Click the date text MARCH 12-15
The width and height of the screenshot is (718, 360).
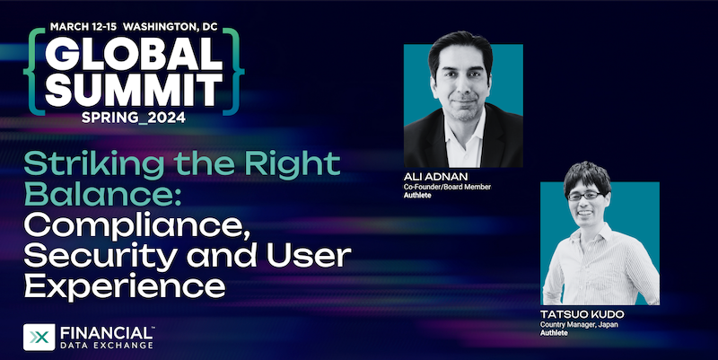pyautogui.click(x=83, y=27)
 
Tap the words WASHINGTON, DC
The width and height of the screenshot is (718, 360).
pyautogui.click(x=171, y=27)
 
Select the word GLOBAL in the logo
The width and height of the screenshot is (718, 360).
pyautogui.click(x=134, y=53)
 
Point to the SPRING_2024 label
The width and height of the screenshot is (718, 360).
pyautogui.click(x=134, y=118)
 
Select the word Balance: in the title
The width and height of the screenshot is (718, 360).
pyautogui.click(x=102, y=195)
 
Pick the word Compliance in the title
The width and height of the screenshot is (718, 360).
pyautogui.click(x=137, y=227)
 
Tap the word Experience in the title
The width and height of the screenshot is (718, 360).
pyautogui.click(x=125, y=286)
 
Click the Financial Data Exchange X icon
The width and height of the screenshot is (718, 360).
pyautogui.click(x=39, y=338)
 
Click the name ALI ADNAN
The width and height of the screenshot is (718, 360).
pyautogui.click(x=430, y=177)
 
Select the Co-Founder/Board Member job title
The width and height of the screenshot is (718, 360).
pyautogui.click(x=447, y=187)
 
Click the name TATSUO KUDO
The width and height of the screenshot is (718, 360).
pyautogui.click(x=582, y=314)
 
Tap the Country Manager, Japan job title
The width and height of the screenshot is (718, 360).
pyautogui.click(x=579, y=325)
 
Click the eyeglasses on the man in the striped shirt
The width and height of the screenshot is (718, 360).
pyautogui.click(x=586, y=196)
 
